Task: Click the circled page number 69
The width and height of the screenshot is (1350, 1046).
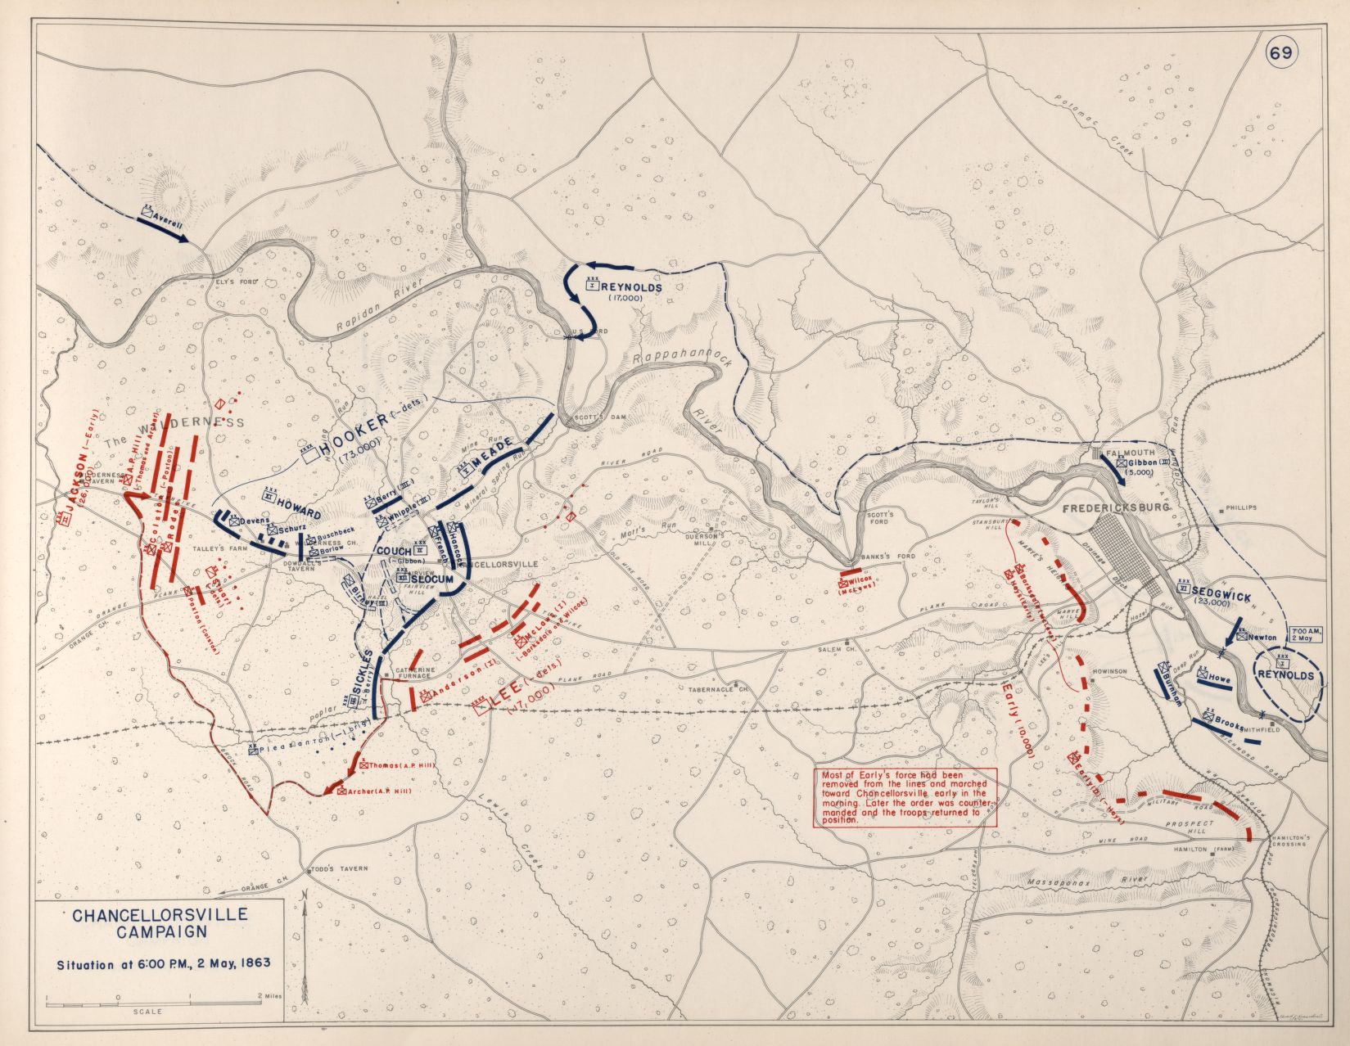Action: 1281,53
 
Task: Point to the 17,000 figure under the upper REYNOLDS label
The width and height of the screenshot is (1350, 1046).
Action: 626,300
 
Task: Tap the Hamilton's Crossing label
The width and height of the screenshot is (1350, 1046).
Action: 1289,841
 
